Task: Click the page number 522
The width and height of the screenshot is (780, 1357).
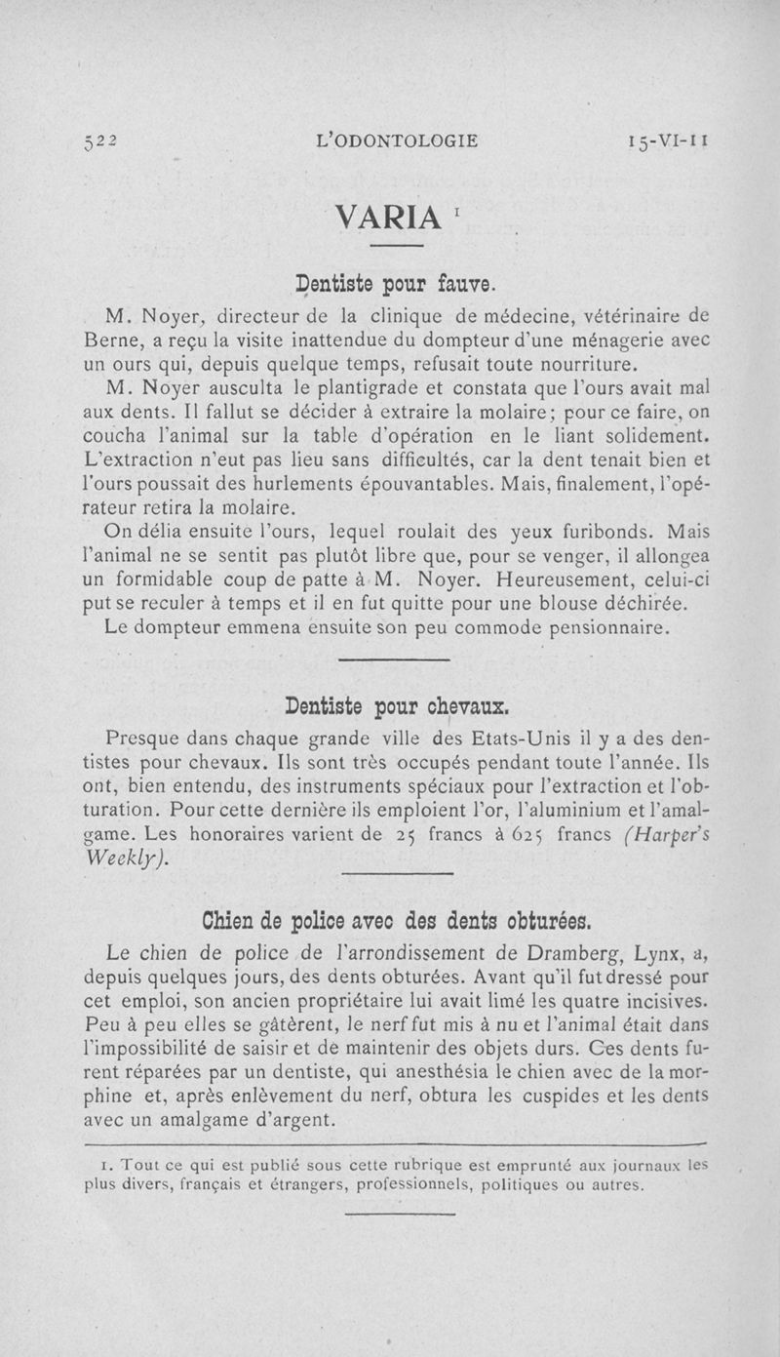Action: [x=98, y=140]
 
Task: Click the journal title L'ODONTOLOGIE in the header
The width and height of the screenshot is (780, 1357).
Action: [x=398, y=140]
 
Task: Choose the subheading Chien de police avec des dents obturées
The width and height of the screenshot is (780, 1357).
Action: [x=396, y=920]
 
